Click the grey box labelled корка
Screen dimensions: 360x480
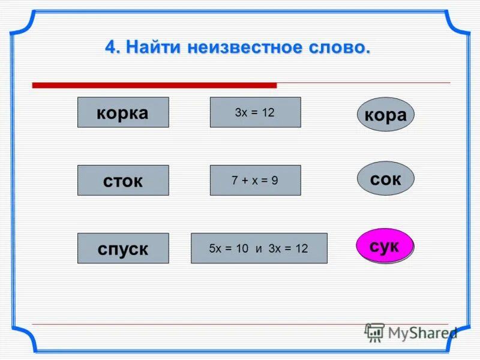coord(123,112)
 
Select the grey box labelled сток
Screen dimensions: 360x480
coord(123,180)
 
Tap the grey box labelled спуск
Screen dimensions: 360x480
coord(123,248)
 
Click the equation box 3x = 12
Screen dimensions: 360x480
coord(255,112)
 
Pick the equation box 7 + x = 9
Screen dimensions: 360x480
coord(255,180)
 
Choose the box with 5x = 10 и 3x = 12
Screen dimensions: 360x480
coord(259,248)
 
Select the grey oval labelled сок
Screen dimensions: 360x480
coord(385,178)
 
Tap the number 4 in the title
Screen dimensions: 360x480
coord(110,47)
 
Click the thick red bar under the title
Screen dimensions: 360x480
coord(154,85)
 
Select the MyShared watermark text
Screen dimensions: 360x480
coord(422,333)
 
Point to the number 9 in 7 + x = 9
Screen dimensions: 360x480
coord(275,180)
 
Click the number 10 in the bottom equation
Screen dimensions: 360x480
coord(242,248)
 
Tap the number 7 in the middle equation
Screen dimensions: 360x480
coord(235,180)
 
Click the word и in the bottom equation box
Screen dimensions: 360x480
coord(259,248)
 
